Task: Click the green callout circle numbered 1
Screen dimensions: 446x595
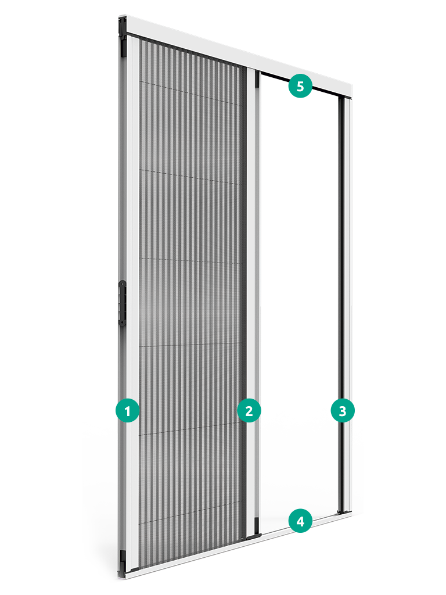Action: pos(128,411)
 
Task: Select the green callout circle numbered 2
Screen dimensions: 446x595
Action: pos(249,411)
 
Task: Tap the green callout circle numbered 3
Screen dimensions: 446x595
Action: pos(343,411)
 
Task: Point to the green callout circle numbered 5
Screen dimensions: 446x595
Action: pos(300,86)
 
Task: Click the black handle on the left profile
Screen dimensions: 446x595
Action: pos(122,303)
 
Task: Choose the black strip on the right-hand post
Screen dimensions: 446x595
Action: pos(341,303)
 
